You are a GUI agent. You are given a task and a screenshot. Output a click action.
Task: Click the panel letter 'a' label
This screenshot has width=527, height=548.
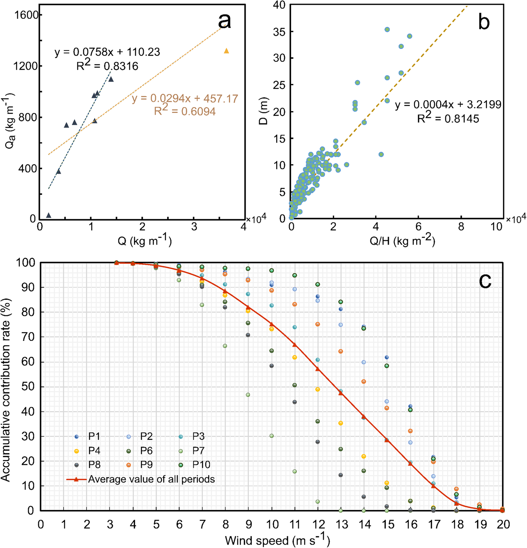[224, 21]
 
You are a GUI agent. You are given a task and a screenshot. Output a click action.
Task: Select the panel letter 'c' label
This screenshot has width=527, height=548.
[485, 280]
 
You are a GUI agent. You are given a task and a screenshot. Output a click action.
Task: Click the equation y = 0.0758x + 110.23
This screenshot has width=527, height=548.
[107, 52]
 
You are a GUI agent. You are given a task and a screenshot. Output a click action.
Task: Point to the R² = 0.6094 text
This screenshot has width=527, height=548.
[185, 111]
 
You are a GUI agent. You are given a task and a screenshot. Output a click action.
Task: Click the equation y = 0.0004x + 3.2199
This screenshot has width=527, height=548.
[448, 105]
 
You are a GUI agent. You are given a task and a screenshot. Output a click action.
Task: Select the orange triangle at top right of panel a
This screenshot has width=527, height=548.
[226, 51]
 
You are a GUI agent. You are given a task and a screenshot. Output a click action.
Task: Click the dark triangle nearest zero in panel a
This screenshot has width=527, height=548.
[49, 215]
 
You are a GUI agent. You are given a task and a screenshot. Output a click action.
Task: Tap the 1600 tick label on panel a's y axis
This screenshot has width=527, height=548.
[27, 15]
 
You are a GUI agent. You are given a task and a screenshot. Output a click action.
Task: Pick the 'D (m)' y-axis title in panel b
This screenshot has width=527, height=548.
[263, 111]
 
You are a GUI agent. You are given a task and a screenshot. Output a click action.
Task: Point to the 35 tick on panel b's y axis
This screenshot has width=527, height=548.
[279, 31]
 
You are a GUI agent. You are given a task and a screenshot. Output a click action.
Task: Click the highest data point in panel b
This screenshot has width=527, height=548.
[387, 29]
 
